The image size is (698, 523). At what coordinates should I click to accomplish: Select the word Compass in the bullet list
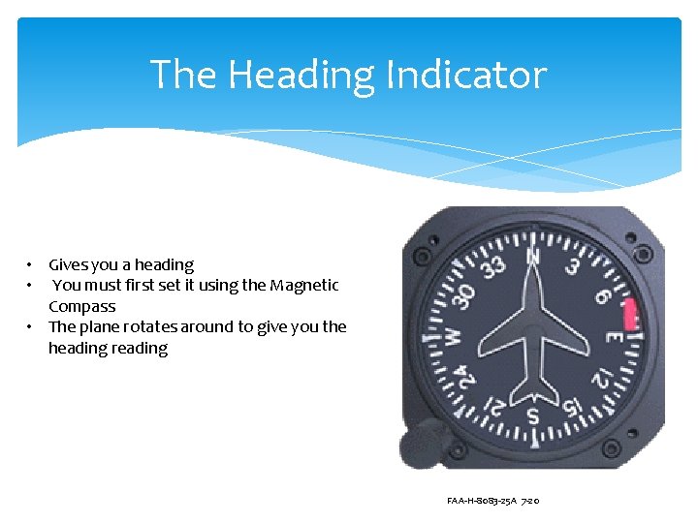[81, 306]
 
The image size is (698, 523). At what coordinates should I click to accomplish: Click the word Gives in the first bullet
[68, 264]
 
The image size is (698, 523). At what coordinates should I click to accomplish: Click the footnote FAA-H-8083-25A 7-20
[493, 501]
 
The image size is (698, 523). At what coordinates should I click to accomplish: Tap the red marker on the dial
[631, 313]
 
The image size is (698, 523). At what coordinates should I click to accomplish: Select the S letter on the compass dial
[532, 415]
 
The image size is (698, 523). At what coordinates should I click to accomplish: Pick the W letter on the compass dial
[453, 337]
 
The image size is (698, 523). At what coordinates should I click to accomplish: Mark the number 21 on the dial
[494, 408]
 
